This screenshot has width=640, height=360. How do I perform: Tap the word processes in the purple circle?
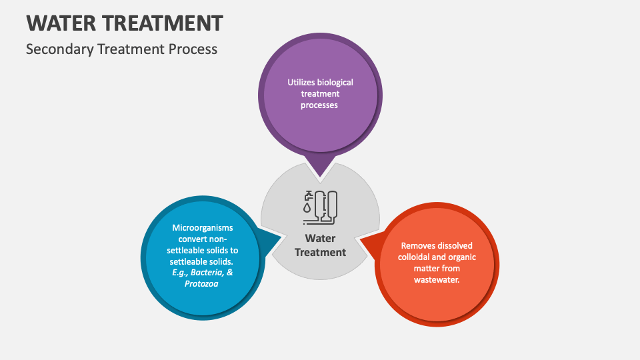320,105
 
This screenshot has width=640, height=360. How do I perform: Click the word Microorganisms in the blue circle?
202,227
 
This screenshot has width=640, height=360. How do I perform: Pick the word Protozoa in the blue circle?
202,284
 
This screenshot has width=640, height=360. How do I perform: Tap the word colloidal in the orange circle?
417,257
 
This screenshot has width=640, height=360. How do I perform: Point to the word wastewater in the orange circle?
437,279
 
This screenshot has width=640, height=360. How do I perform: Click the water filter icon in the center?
321,207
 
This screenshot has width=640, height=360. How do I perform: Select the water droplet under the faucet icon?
307,209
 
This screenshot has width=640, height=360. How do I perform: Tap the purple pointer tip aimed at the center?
320,172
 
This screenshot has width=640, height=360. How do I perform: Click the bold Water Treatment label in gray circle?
320,245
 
